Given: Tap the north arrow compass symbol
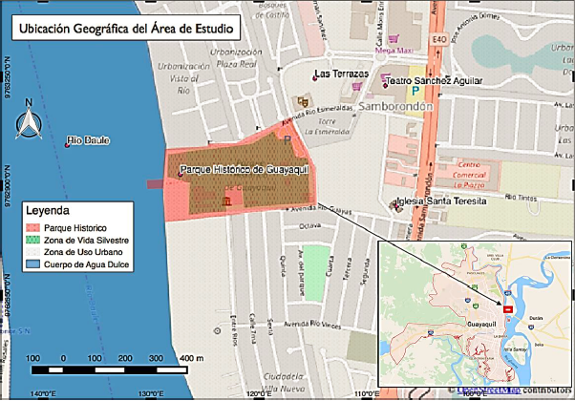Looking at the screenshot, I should (30, 119).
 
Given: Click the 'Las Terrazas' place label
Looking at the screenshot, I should (340, 74).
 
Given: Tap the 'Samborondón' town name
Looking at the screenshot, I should (397, 107).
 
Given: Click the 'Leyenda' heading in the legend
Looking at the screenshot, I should (49, 209).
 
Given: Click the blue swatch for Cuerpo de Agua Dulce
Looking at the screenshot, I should (36, 264).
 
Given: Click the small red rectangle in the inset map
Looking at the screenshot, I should (505, 308).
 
